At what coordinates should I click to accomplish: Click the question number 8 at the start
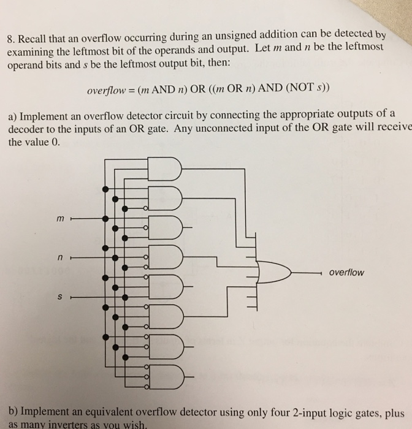[x=10, y=39]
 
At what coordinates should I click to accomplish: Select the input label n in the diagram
[x=60, y=259]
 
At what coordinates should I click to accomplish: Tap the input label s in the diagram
[x=60, y=298]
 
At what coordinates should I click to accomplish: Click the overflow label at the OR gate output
[x=346, y=272]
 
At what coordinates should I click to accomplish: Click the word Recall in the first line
[x=34, y=39]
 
